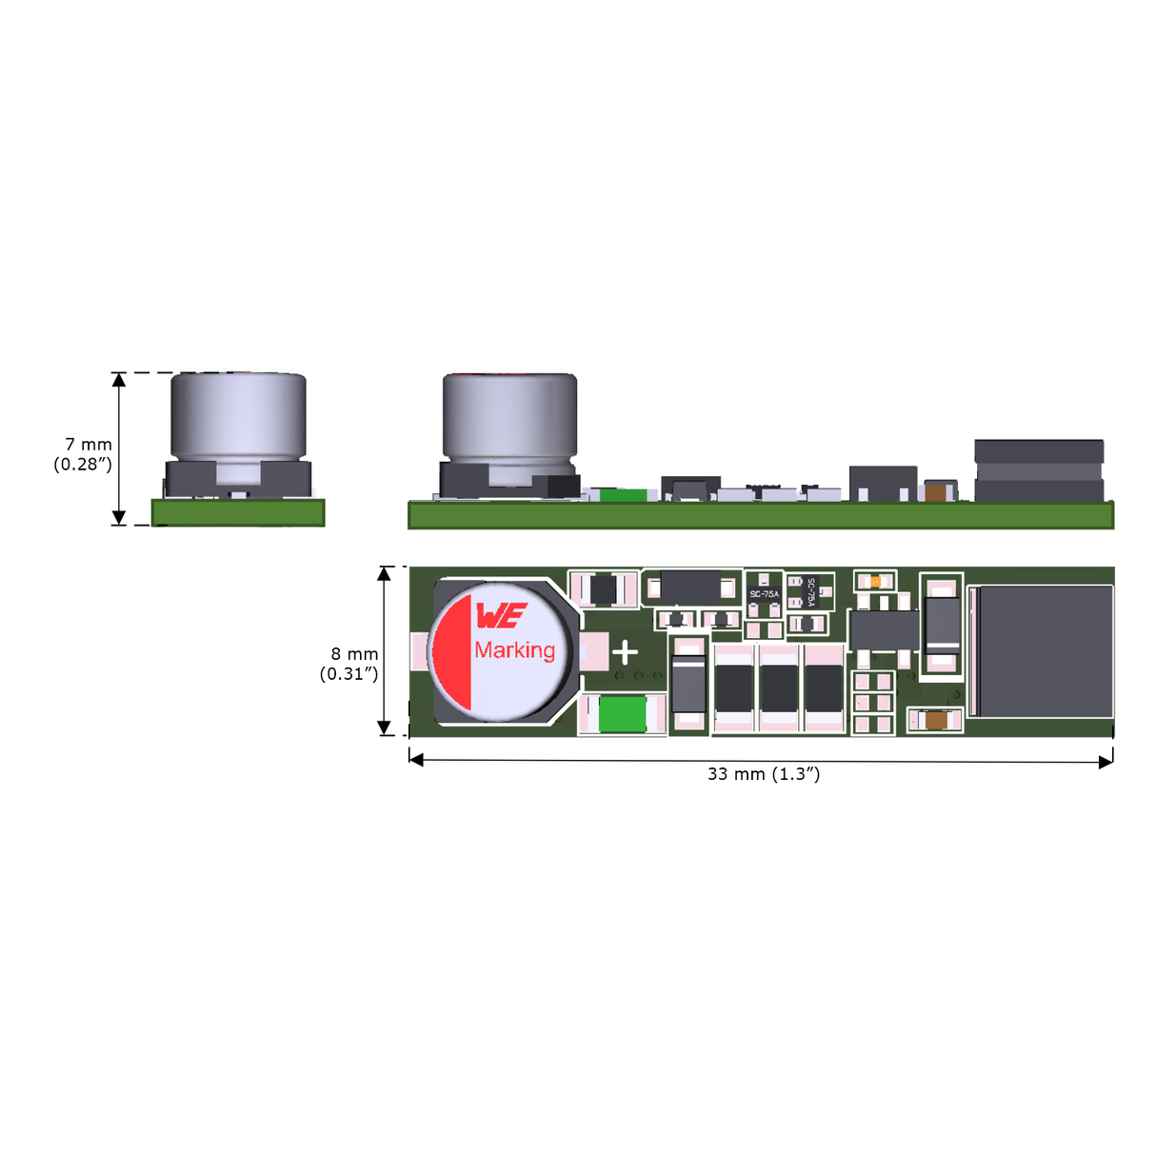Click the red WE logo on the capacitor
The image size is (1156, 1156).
point(500,617)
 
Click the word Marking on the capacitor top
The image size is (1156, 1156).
point(514,650)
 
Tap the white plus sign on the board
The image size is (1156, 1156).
point(625,653)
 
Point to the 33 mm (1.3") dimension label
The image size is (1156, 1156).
point(763,774)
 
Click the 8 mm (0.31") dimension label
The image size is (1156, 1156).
point(349,664)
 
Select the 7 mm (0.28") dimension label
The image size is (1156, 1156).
point(83,454)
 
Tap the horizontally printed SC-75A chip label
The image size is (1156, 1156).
point(764,594)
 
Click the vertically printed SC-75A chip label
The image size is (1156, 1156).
point(810,591)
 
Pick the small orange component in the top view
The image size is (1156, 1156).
point(875,580)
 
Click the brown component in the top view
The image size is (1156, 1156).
point(936,721)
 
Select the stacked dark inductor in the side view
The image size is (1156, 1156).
point(1039,470)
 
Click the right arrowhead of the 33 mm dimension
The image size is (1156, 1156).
point(1106,760)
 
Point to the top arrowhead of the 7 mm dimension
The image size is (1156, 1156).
point(119,380)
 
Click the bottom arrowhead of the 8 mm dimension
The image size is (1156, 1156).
point(385,728)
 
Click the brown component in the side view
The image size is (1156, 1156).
point(936,492)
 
